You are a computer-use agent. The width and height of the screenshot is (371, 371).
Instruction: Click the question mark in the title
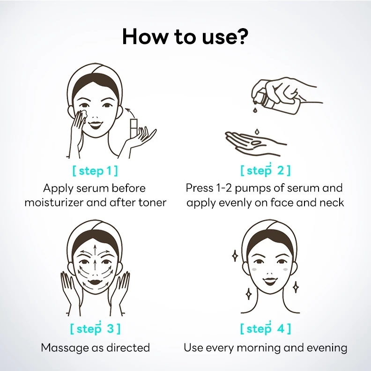click(242, 36)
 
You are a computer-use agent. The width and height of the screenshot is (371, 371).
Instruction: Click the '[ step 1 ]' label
click(95, 171)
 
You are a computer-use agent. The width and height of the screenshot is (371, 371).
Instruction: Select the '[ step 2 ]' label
click(265, 171)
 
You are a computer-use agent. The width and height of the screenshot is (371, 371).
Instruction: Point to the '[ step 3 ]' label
click(96, 328)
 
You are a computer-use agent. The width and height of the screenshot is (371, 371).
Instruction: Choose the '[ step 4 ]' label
click(265, 328)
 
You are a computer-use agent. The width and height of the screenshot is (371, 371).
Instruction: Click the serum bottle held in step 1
click(134, 128)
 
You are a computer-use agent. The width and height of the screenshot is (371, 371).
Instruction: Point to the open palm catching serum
click(253, 143)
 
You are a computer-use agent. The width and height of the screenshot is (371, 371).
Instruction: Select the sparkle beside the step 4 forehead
click(235, 256)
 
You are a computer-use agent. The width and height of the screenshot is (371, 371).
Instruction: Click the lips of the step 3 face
click(95, 282)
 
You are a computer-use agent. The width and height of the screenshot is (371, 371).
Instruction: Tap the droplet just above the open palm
click(257, 131)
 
